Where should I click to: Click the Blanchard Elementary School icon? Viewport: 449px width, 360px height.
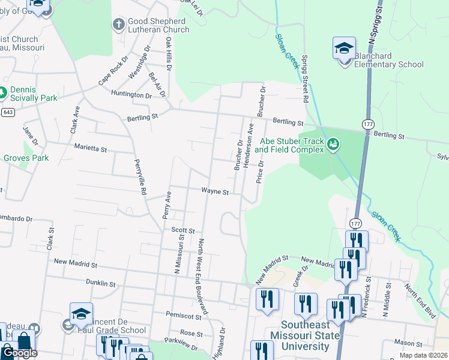coord(344,49)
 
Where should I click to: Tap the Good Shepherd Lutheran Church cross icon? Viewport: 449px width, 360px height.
coord(118,25)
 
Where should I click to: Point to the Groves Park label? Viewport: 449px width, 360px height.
coord(26,158)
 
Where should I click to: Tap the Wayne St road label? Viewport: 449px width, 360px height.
coord(215,192)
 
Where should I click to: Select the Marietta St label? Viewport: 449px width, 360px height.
coord(90,147)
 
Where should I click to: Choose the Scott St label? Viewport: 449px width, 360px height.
coord(183,230)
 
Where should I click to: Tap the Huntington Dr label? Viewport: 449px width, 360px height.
coord(131,95)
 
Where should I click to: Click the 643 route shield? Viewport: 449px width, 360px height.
coord(8,112)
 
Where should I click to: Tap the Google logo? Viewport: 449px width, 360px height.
coord(19,353)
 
